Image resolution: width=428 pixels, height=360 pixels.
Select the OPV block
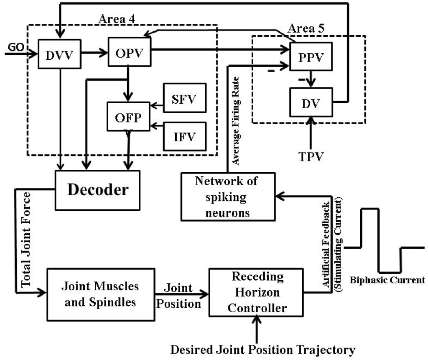click(x=129, y=51)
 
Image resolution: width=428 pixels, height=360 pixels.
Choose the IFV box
click(x=185, y=136)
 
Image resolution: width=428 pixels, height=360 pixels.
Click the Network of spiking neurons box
click(x=228, y=196)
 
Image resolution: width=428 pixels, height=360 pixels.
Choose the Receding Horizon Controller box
click(x=256, y=293)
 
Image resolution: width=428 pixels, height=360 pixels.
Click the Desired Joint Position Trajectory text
click(x=263, y=349)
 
